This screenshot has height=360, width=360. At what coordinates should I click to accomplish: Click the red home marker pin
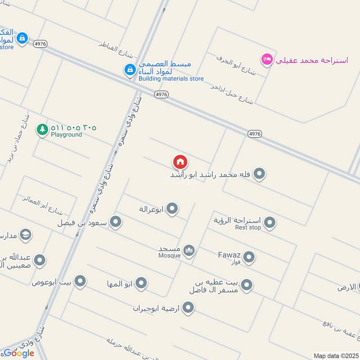(180, 162)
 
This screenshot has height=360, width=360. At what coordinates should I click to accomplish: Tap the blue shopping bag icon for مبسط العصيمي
(130, 69)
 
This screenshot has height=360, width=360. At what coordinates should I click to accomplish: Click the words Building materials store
(171, 79)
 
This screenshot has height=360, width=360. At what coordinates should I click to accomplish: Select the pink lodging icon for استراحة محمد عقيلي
(267, 59)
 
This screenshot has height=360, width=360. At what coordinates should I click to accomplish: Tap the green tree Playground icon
(42, 130)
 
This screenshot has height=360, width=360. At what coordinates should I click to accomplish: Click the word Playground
(66, 135)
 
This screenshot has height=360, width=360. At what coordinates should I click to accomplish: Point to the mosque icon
(189, 251)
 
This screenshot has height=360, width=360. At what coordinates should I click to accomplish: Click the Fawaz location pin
(249, 257)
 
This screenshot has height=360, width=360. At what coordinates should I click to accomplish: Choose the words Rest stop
(248, 228)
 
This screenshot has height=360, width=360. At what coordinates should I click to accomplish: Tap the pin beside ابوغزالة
(172, 208)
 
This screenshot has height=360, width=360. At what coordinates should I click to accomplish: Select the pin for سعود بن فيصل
(116, 221)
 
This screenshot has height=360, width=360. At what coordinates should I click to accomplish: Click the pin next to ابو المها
(141, 283)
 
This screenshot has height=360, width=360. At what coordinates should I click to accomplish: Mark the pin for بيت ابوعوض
(80, 281)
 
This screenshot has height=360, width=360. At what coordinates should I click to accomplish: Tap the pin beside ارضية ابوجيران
(188, 308)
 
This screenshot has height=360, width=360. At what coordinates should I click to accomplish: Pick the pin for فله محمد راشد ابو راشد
(259, 173)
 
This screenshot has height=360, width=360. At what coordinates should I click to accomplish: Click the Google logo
(19, 353)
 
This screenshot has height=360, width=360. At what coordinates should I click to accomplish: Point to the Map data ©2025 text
(336, 355)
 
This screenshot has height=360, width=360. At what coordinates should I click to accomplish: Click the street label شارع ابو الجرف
(236, 65)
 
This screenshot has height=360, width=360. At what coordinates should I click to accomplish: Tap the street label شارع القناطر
(117, 50)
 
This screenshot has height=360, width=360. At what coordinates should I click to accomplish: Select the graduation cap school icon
(25, 234)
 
